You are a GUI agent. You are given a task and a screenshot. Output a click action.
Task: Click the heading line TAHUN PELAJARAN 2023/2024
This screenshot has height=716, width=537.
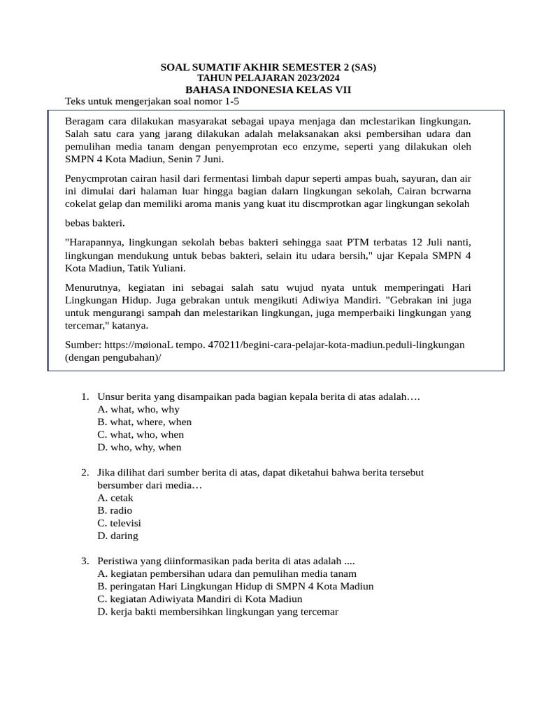coord(268,79)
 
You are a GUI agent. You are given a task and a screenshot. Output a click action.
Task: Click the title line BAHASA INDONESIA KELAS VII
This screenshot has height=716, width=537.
coord(268,90)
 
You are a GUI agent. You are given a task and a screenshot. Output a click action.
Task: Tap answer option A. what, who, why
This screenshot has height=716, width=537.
coord(138,410)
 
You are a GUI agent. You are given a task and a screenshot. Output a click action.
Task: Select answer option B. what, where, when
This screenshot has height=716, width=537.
coord(145,422)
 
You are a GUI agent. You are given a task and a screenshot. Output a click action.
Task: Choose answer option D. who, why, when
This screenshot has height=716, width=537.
coord(139,447)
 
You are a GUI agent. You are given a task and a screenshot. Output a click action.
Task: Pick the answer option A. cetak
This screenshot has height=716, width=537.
coord(115,498)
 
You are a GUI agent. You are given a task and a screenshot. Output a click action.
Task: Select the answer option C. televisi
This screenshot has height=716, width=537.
coord(120,523)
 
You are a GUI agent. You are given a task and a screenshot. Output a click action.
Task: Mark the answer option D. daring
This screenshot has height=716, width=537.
coord(118,536)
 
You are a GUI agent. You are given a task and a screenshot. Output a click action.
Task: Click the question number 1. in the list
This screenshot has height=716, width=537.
coord(85,397)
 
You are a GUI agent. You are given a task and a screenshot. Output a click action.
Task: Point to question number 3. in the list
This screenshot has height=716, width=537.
coord(85,561)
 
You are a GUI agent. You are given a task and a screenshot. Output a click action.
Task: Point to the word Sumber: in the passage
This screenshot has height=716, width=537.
coord(83,345)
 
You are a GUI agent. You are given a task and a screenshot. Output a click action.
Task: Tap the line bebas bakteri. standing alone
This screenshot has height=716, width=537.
coord(94,223)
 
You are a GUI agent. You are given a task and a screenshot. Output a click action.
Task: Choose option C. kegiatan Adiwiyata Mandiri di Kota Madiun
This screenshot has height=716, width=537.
coord(200,599)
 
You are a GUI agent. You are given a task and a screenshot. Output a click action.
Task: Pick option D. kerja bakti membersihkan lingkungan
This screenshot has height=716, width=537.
coord(218,612)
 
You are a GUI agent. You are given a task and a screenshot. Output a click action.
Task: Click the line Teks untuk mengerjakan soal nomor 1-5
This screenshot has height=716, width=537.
coord(152,102)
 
